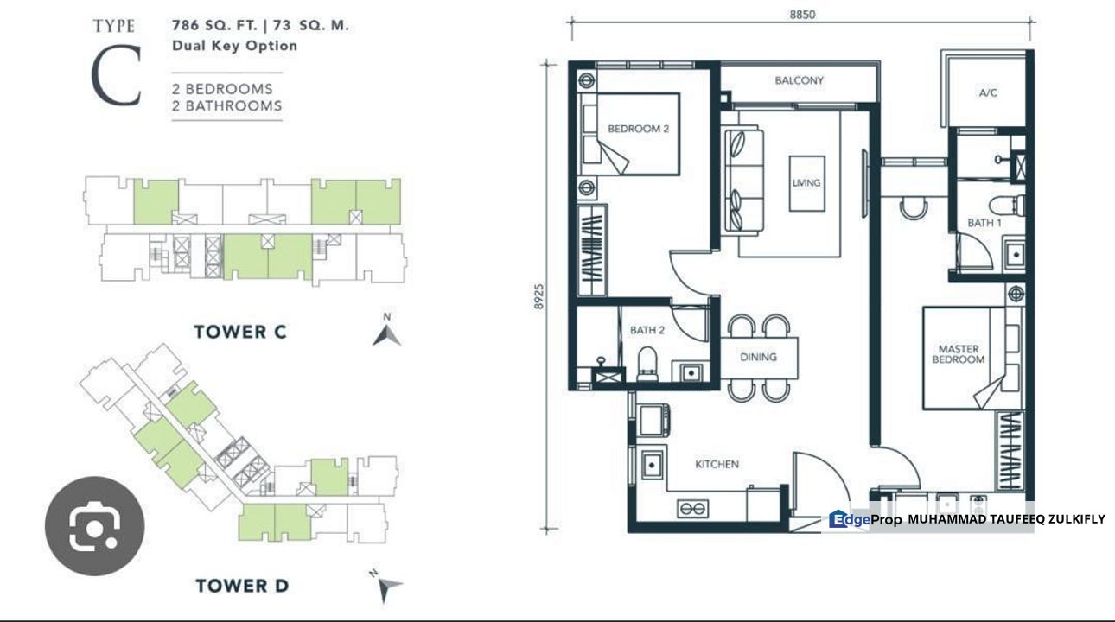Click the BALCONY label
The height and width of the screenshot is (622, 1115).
click(799, 80)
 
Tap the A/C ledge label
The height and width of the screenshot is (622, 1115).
click(988, 92)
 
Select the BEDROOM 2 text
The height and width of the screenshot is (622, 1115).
click(639, 129)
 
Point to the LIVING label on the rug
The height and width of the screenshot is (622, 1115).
click(806, 183)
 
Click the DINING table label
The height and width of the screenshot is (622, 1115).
click(758, 356)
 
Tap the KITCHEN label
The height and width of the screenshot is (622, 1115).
click(717, 464)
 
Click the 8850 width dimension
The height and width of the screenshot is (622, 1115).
click(801, 14)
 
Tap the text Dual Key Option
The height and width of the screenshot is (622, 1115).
click(234, 46)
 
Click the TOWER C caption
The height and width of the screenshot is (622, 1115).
click(239, 332)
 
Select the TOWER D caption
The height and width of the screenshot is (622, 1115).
click(241, 586)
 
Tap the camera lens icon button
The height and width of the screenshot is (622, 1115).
click(94, 526)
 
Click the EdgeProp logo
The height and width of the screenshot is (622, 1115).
click(865, 519)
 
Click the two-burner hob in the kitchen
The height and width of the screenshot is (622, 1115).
click(693, 509)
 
